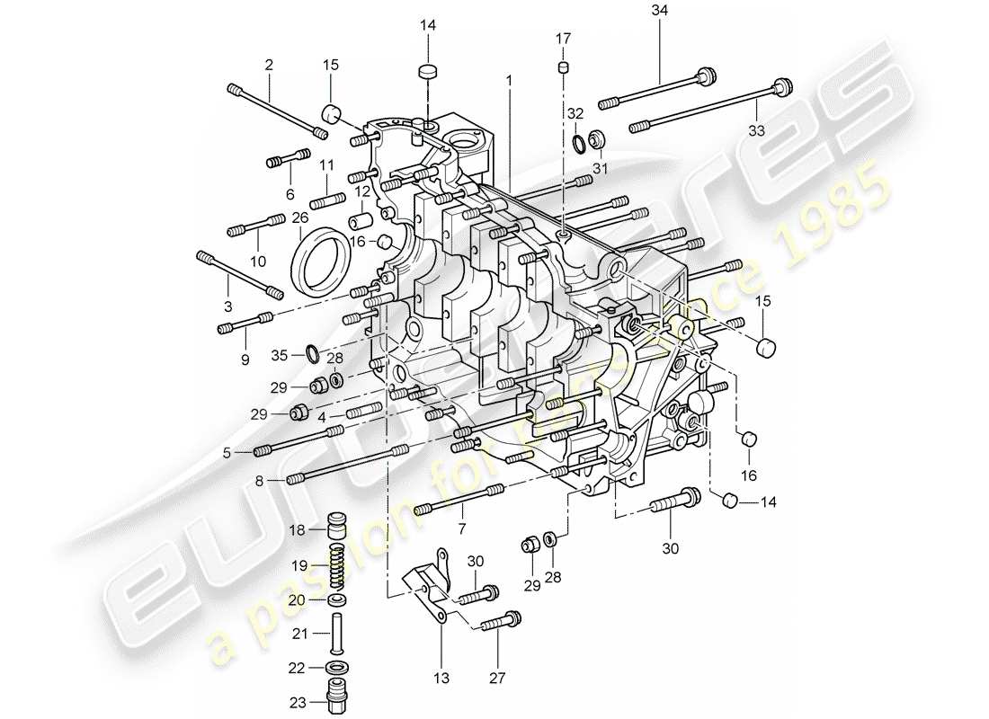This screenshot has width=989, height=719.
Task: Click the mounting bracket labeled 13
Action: pos(430,584)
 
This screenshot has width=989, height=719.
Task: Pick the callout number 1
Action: pos(509,80)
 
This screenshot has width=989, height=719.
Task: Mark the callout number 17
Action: pos(563,38)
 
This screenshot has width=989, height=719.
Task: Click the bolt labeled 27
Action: pos(502,621)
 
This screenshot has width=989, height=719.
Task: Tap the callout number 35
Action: pos(280,355)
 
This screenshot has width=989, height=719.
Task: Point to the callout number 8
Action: pos(259,481)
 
